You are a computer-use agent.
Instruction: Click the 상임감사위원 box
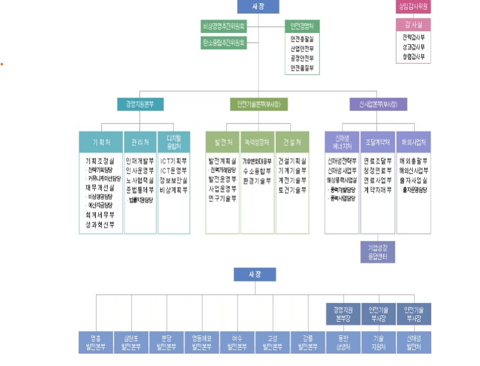413,7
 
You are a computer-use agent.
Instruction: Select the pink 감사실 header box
413,24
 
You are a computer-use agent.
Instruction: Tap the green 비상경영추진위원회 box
224,26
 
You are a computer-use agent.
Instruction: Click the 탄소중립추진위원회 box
224,42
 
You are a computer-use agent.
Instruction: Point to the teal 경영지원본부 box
140,104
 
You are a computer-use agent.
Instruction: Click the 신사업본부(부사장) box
378,104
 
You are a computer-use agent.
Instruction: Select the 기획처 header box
101,142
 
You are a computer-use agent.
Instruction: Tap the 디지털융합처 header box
174,142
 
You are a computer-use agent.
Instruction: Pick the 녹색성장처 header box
257,142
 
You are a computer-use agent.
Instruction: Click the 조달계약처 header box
377,142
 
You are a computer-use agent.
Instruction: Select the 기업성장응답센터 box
377,251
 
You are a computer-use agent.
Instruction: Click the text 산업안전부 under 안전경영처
302,48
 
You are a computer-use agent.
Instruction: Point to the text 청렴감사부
413,57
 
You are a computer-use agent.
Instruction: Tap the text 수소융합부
257,171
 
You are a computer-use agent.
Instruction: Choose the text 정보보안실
174,181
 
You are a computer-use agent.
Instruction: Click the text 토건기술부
292,190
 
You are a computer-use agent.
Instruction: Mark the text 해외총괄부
413,161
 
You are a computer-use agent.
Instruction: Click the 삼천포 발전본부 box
131,342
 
